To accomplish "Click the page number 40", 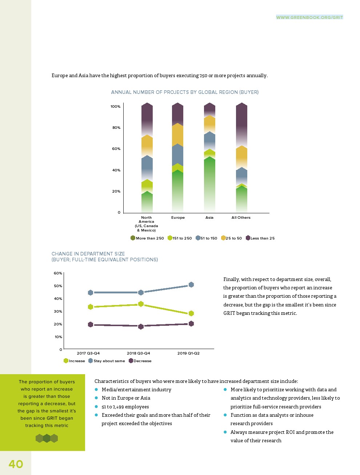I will pyautogui.click(x=16, y=464).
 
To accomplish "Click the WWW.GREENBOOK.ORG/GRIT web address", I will pyautogui.click(x=309, y=17).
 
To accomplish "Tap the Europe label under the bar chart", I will pyautogui.click(x=178, y=218).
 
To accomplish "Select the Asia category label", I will pyautogui.click(x=209, y=218).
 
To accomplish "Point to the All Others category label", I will pyautogui.click(x=241, y=218).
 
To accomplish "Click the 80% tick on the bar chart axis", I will pyautogui.click(x=116, y=128).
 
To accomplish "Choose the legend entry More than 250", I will pyautogui.click(x=149, y=238).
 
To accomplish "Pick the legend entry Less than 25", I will pyautogui.click(x=262, y=238).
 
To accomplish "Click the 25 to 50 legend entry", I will pyautogui.click(x=233, y=238).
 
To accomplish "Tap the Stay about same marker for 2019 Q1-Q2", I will pyautogui.click(x=191, y=285).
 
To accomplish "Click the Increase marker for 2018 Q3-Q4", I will pyautogui.click(x=141, y=304).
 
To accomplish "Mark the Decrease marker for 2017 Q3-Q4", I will pyautogui.click(x=91, y=324).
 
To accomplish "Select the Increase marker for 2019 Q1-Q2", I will pyautogui.click(x=191, y=313).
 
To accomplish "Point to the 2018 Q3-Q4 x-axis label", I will pyautogui.click(x=138, y=353).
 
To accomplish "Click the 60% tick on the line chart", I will pyautogui.click(x=58, y=273).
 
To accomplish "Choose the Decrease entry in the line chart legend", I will pyautogui.click(x=142, y=361).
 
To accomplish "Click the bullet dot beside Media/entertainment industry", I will pyautogui.click(x=96, y=389).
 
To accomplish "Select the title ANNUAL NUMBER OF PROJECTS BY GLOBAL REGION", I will pyautogui.click(x=185, y=92).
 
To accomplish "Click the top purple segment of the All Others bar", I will pyautogui.click(x=241, y=124).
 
